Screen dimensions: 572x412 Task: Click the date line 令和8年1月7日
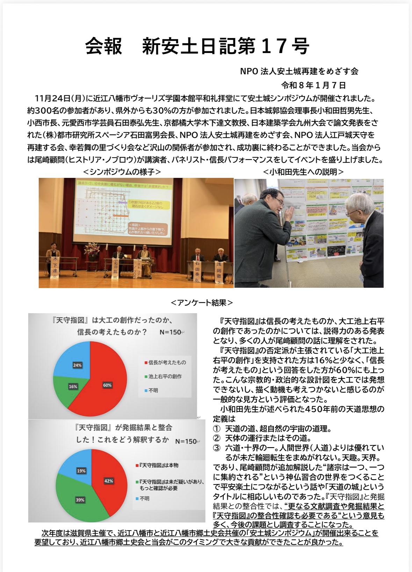click(313, 85)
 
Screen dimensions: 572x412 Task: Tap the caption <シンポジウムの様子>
click(122, 172)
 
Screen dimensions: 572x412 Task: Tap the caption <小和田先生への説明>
click(303, 172)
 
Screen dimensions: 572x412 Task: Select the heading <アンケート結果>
click(202, 302)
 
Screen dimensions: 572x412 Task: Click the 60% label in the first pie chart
click(107, 385)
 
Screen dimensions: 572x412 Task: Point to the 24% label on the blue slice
click(77, 365)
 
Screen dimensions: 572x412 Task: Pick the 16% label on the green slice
click(73, 386)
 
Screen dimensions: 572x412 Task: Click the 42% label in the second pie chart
click(109, 481)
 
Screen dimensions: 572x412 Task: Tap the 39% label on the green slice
click(80, 500)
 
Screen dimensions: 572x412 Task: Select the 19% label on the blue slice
click(81, 471)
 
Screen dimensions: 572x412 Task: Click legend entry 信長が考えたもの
click(167, 362)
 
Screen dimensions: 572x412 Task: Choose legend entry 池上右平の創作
click(165, 376)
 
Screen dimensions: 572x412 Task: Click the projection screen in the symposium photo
click(124, 209)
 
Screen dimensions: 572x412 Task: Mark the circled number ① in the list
click(217, 428)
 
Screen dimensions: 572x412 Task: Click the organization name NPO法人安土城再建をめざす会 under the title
click(299, 71)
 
